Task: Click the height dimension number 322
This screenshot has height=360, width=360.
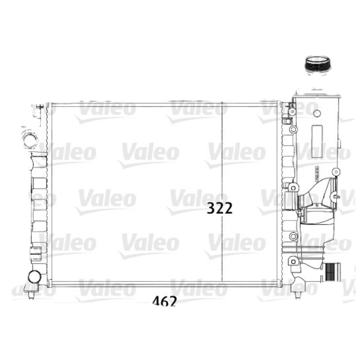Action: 220,208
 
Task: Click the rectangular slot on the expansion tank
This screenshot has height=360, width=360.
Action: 317,141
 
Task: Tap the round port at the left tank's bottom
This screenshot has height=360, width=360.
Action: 34,276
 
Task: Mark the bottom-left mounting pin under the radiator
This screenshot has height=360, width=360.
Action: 31,295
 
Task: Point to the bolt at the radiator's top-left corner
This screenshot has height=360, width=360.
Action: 40,107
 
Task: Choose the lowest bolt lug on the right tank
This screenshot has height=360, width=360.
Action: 293,260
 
